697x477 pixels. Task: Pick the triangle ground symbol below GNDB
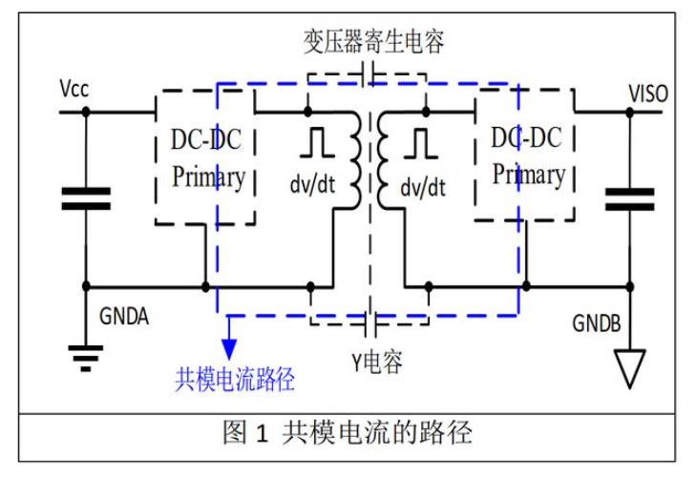tap(628, 368)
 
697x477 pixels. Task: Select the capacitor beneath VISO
tap(629, 198)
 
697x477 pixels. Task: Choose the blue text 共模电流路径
tap(234, 379)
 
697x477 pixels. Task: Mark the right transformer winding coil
tap(387, 160)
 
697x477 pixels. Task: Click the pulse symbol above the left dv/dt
tap(316, 142)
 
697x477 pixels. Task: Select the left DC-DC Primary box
tap(206, 157)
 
